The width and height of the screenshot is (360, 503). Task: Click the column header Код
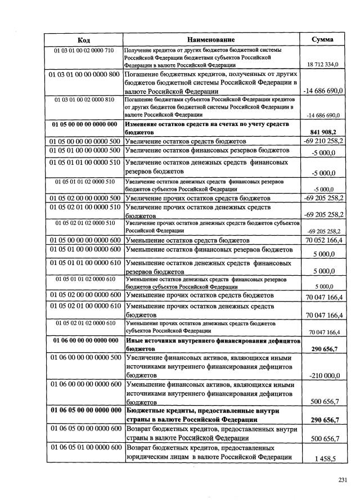coord(84,39)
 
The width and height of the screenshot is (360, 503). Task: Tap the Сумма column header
coord(322,39)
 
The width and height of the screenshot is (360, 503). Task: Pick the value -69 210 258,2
coord(323,141)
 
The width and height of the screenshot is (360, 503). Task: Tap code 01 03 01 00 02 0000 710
coord(84,51)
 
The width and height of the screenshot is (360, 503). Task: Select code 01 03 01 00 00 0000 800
coord(84,74)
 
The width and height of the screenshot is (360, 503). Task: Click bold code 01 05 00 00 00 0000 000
coord(84,124)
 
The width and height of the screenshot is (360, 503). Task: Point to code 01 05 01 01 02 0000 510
coord(84,182)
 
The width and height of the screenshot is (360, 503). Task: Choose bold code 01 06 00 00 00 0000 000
coord(84,340)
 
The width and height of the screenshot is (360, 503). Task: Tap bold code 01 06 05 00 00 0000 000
coord(84,410)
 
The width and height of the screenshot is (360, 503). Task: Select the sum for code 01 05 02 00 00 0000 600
coord(323,297)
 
